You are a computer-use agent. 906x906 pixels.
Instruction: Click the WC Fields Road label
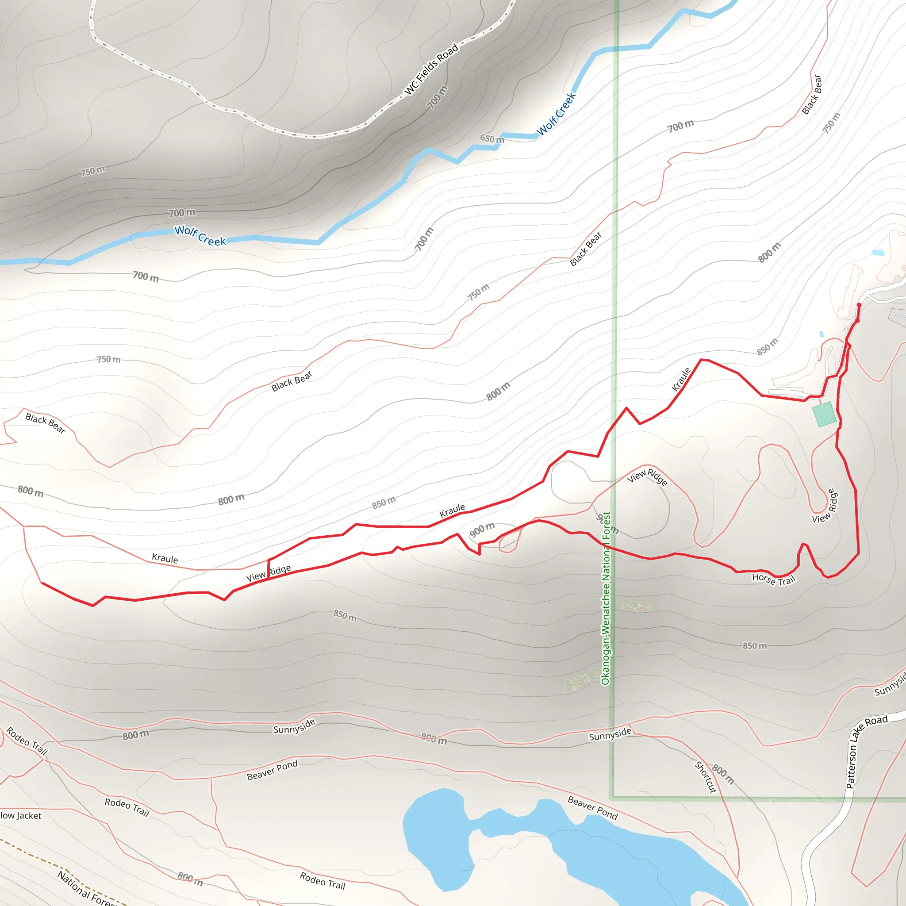[x=431, y=69]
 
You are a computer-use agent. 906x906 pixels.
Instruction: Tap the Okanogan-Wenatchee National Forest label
[x=606, y=598]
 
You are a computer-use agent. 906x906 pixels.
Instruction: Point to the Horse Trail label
[x=774, y=580]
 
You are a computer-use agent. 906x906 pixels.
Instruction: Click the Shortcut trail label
[x=705, y=777]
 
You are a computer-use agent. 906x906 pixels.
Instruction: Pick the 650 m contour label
[x=492, y=139]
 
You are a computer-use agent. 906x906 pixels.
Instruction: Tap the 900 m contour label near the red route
[x=482, y=530]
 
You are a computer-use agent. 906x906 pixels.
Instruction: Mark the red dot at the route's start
[x=859, y=305]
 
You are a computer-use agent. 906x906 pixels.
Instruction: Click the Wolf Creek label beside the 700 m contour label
[x=200, y=235]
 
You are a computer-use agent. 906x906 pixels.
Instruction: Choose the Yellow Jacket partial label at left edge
[x=21, y=816]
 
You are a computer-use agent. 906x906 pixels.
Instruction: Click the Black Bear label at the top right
[x=812, y=94]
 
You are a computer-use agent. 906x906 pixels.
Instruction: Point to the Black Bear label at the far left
[x=46, y=423]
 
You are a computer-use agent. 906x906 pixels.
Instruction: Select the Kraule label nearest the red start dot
[x=681, y=380]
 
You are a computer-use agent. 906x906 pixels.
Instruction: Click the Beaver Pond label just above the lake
[x=593, y=807]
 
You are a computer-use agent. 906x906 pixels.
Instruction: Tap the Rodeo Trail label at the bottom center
[x=322, y=881]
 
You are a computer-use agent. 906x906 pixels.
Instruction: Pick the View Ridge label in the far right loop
[x=825, y=506]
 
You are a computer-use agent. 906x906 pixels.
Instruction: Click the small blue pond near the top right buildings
[x=878, y=253]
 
